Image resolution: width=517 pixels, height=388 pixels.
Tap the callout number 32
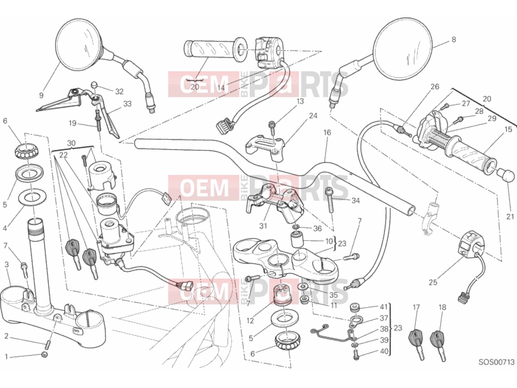(119, 91)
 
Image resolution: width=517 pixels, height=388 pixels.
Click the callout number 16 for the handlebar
(327, 133)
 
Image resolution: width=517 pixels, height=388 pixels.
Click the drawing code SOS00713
(496, 362)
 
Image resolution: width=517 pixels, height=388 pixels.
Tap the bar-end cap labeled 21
(505, 174)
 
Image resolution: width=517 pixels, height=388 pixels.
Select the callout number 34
(355, 200)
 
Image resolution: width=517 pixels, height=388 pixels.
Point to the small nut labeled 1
(45, 354)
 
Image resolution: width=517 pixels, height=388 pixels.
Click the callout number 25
(433, 282)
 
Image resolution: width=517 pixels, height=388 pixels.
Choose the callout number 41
(384, 307)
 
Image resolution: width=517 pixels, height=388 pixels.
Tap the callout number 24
(313, 115)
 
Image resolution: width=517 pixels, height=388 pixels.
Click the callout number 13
(300, 101)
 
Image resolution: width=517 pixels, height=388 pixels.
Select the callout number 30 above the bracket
(71, 143)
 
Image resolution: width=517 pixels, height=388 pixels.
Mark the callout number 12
(250, 321)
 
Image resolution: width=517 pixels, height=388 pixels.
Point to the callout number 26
(435, 87)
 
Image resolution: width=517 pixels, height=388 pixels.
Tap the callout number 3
(6, 264)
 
